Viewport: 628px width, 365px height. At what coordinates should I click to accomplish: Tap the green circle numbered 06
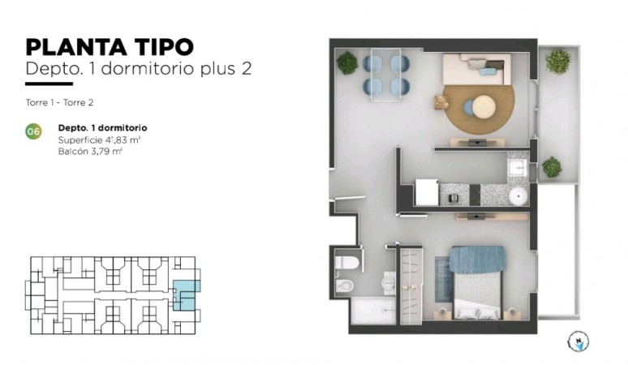click(34, 131)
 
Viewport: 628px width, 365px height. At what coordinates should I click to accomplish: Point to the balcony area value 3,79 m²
click(105, 150)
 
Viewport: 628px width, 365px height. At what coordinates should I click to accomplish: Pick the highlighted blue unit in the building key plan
click(187, 293)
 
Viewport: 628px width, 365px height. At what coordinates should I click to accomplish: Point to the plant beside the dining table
click(348, 62)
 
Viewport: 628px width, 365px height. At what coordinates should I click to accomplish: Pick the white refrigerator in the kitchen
click(427, 192)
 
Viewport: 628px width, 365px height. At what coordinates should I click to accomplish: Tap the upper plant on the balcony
click(557, 62)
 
